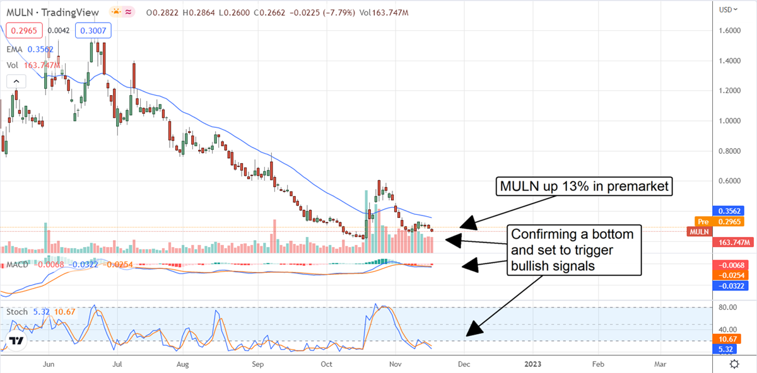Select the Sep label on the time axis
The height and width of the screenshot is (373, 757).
[x=256, y=364]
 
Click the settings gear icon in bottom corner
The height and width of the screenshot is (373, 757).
[x=734, y=364]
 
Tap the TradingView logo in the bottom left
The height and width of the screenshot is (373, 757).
[x=17, y=341]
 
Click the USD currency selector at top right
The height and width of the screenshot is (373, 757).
[x=728, y=9]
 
